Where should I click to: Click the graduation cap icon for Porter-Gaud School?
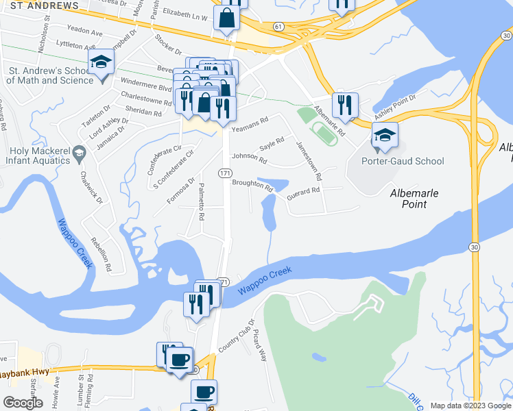[x=385, y=136]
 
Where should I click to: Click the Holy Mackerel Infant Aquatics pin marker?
[x=80, y=151]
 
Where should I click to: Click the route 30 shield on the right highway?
[x=475, y=246]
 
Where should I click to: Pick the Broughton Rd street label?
[x=252, y=183]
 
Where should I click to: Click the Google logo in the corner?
[x=23, y=402]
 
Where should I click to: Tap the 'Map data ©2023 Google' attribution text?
[x=470, y=406]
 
